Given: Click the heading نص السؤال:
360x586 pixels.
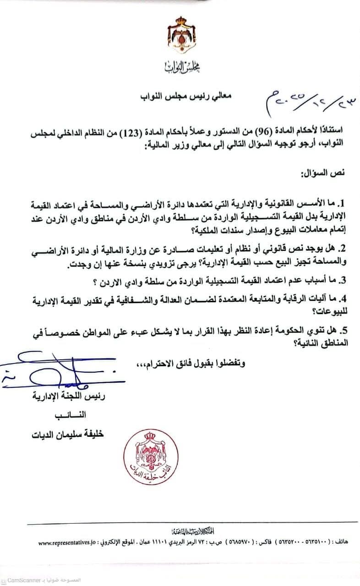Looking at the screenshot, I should coord(323,174).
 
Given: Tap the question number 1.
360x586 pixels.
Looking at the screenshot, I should coord(346,202).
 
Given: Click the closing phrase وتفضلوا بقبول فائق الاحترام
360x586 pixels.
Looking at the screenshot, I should coord(190,364).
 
